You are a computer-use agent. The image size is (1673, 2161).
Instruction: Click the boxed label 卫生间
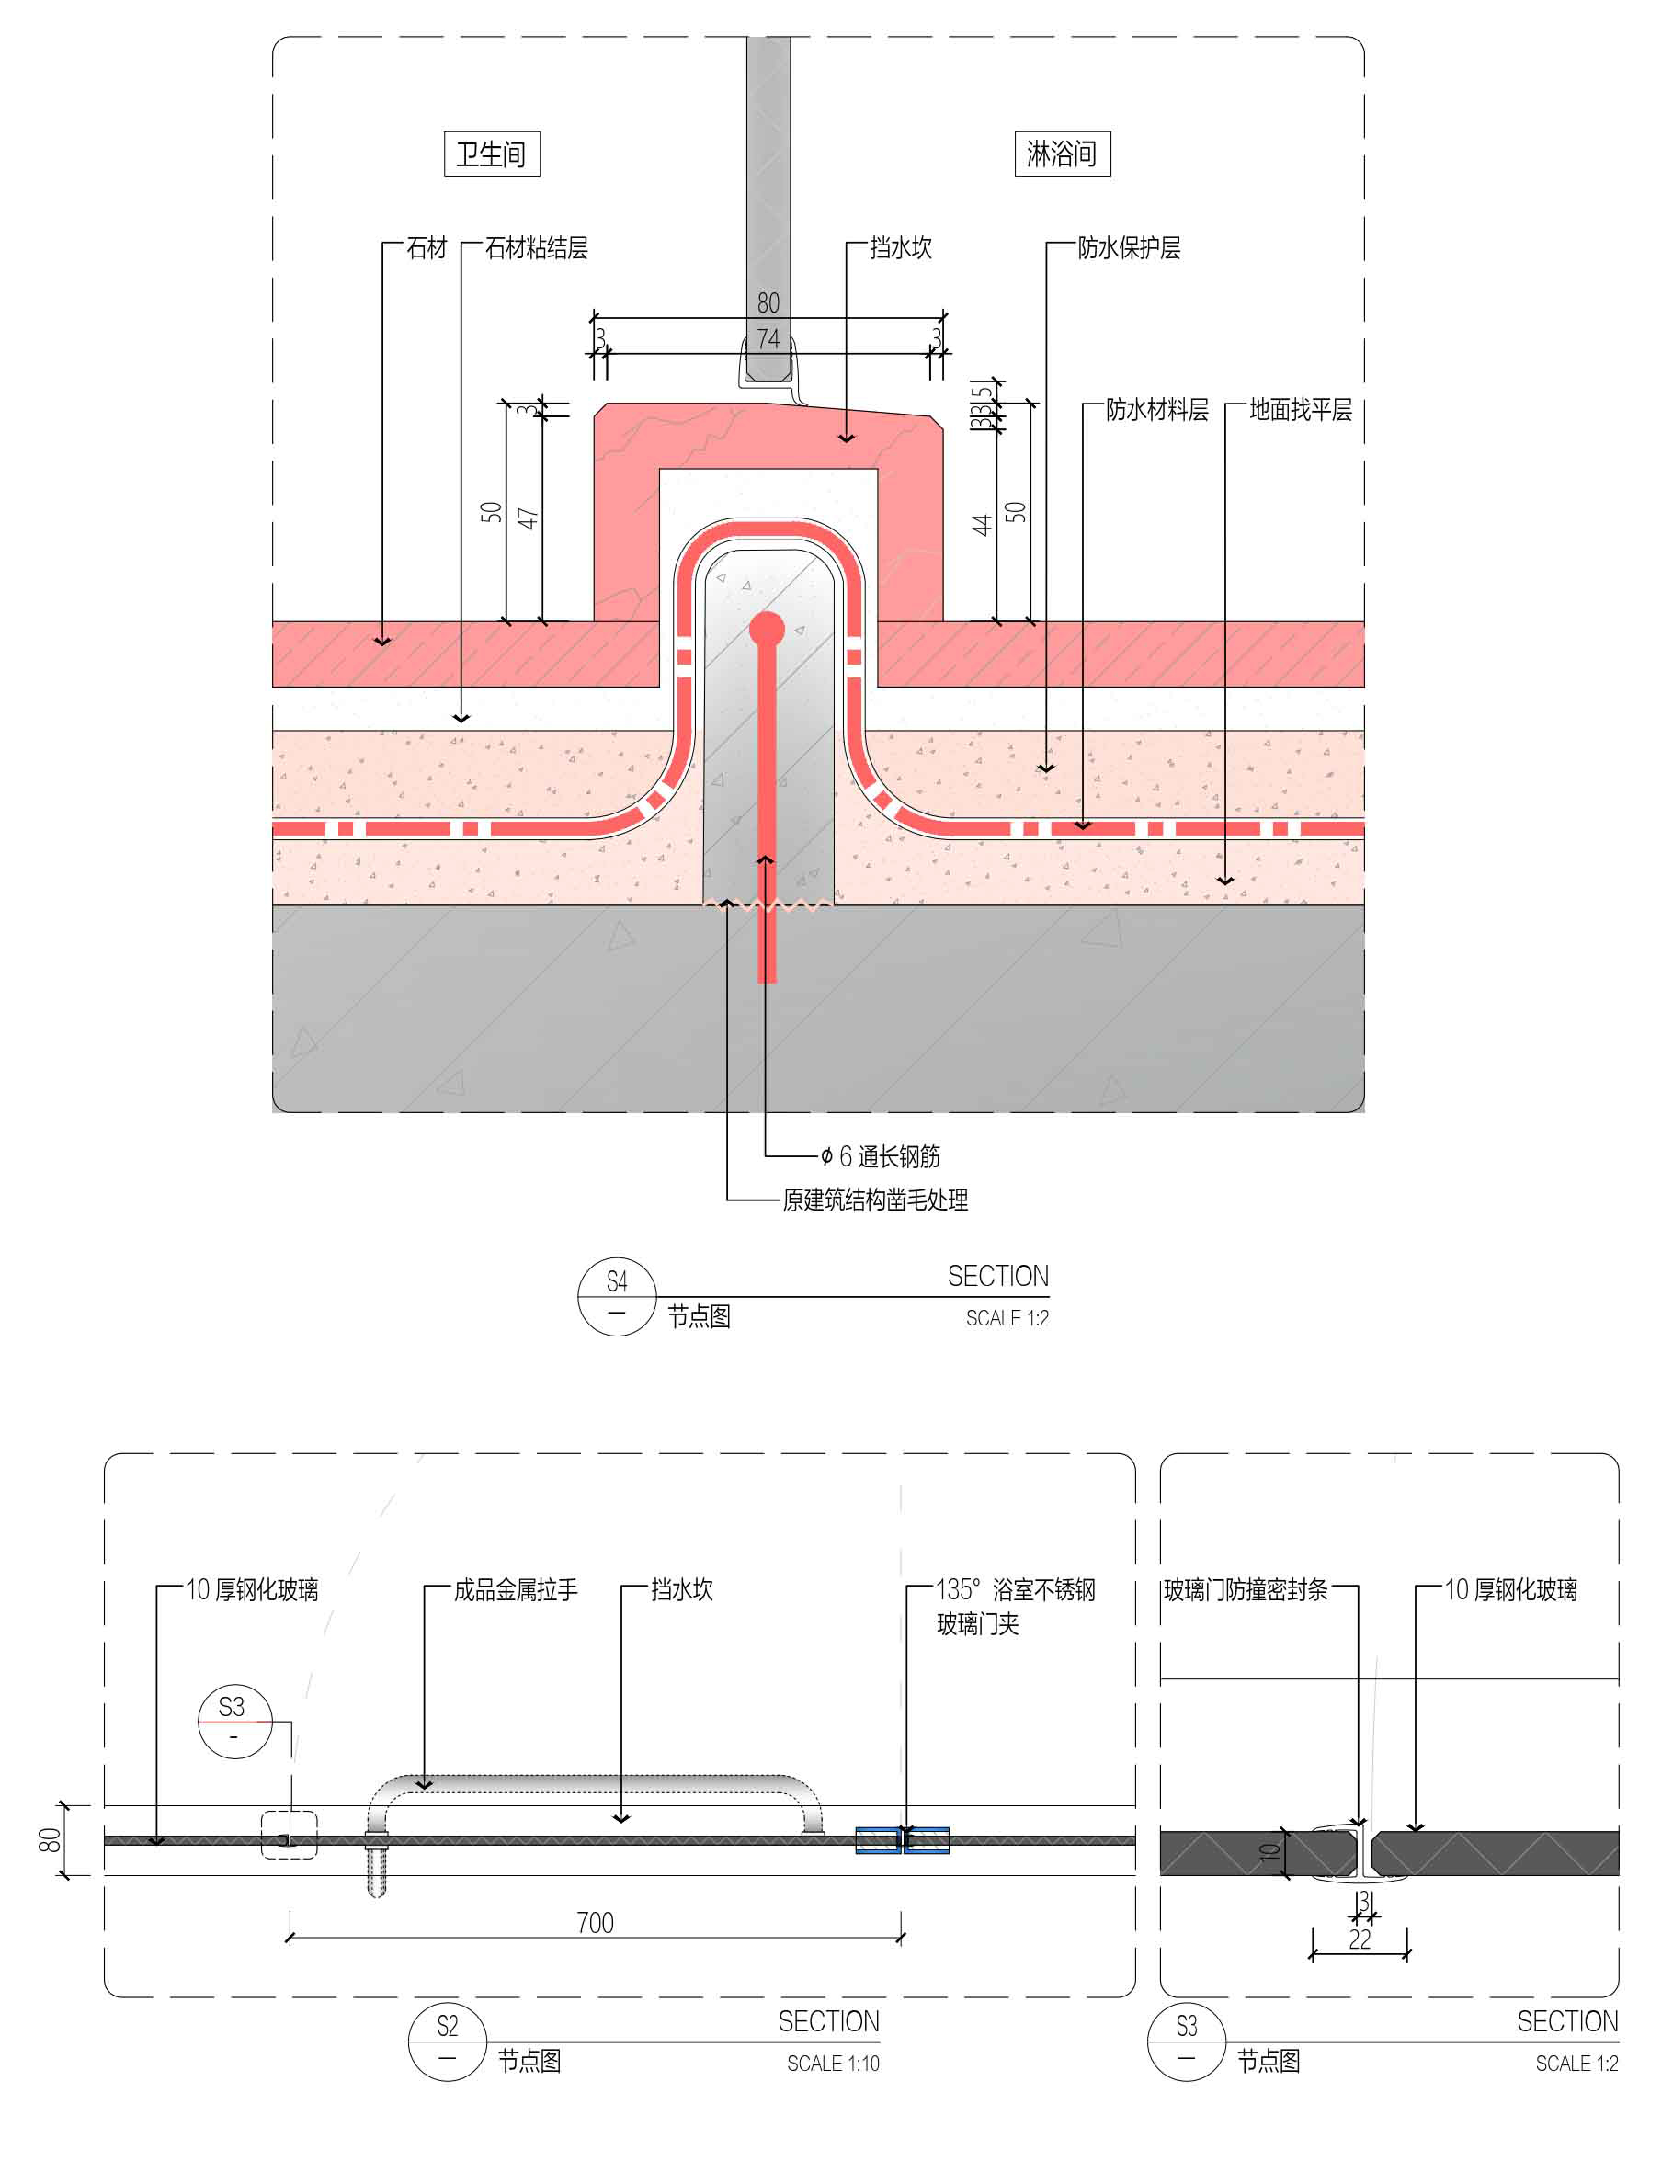coord(492,154)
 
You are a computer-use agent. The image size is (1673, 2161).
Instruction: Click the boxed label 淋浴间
coord(1062,154)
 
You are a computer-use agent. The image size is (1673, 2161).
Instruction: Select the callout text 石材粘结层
coord(536,248)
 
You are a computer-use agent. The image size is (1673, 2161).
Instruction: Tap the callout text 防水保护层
coord(1129,248)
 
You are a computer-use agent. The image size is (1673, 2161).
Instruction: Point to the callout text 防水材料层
coord(1156,410)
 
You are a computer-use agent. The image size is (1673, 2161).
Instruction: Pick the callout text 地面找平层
coord(1300,410)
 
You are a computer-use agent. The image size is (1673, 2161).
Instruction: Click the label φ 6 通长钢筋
coord(881,1156)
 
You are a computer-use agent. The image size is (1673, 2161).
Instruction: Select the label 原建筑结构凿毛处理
coord(874,1200)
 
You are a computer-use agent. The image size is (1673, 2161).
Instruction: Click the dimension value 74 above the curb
coord(768,338)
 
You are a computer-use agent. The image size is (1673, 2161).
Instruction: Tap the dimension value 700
coord(595,1923)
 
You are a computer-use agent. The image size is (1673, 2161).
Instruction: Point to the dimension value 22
coord(1360,1939)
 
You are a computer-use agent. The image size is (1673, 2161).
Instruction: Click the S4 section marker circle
coord(617,1296)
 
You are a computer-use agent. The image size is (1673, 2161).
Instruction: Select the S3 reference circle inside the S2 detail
coord(233,1722)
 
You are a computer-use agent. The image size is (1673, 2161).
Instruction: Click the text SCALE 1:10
coord(832,2063)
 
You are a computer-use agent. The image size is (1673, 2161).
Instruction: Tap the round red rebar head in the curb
coord(767,630)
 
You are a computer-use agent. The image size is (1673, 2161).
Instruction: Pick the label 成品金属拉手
coord(516,1590)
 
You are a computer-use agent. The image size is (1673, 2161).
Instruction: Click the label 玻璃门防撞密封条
coord(1246,1590)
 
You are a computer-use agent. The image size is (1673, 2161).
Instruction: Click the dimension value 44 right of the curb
coord(981,525)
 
